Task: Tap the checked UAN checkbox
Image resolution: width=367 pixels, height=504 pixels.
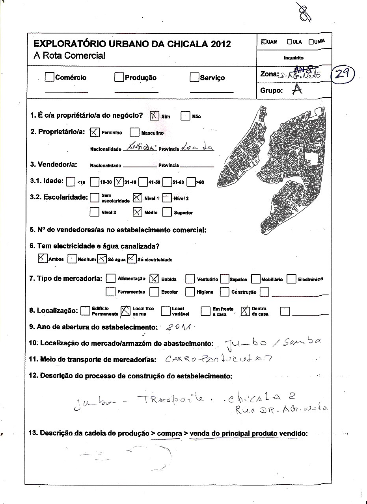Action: tap(264, 42)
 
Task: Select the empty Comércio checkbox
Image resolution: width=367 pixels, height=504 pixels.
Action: tap(49, 77)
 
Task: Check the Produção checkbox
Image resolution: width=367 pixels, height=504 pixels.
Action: tap(119, 77)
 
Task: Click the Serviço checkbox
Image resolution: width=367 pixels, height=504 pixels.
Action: tap(194, 77)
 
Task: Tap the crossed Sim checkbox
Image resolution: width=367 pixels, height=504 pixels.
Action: tap(154, 116)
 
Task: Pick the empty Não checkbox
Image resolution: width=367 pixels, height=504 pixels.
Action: tap(185, 116)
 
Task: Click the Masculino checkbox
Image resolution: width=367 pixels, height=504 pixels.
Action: tap(134, 132)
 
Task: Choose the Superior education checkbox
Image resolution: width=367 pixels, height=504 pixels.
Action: tap(167, 212)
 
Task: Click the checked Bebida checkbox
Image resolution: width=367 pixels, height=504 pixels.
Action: tap(154, 279)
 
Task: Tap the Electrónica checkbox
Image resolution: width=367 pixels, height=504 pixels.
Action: tap(291, 279)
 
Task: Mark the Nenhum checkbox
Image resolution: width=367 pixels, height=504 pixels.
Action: tap(72, 259)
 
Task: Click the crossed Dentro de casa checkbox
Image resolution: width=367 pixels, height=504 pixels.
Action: tap(245, 311)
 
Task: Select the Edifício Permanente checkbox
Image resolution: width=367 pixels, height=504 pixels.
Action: tap(85, 311)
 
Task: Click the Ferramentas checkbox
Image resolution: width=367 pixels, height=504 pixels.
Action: tap(110, 292)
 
